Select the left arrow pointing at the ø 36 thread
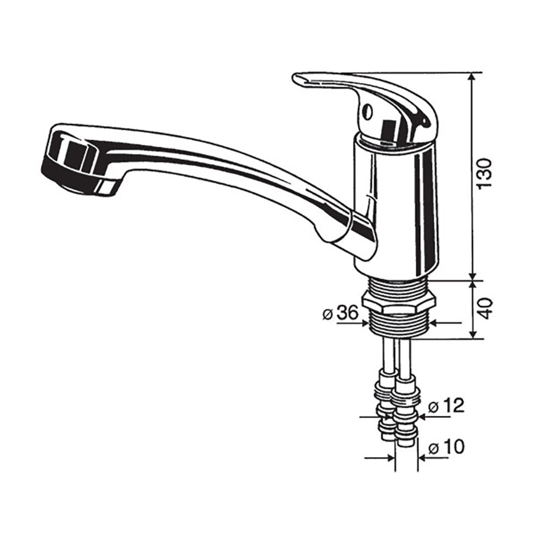pyautogui.click(x=364, y=323)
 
